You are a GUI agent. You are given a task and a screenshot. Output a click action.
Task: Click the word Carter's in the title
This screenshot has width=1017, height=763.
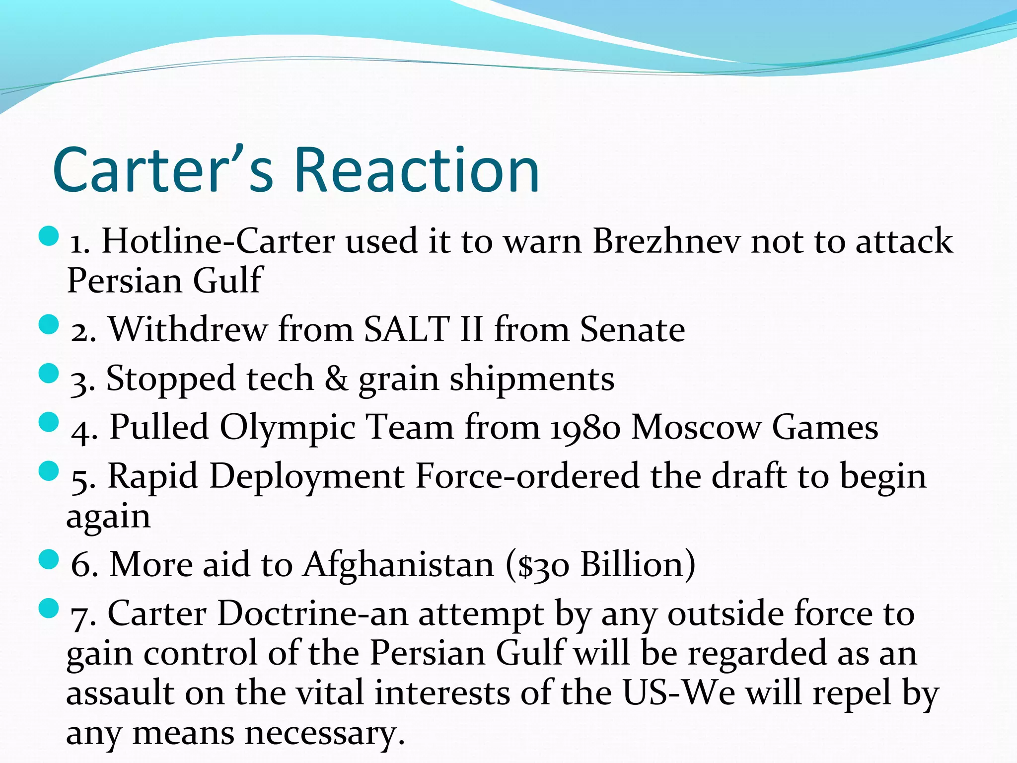tap(163, 170)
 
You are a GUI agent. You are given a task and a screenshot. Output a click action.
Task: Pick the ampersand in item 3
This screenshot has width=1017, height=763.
tap(336, 379)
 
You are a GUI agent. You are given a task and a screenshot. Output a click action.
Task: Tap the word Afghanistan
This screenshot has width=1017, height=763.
tap(399, 565)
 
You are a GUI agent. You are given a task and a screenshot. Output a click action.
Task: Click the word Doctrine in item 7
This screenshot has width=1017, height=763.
tap(287, 614)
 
